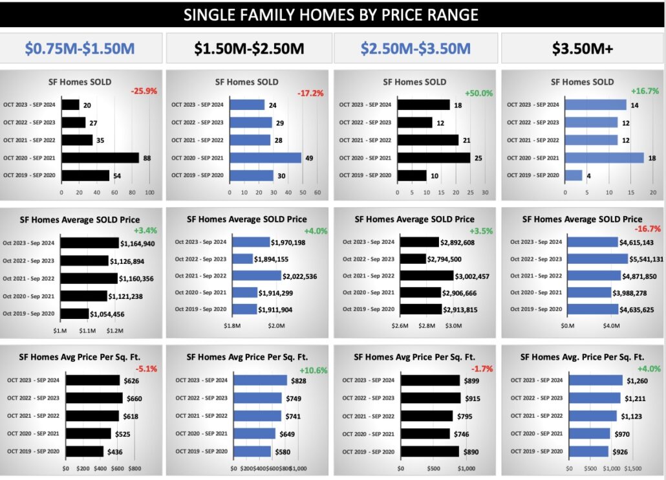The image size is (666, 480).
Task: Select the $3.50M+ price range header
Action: (x=583, y=49)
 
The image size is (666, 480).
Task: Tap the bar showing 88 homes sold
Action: (x=100, y=158)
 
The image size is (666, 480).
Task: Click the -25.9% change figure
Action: (x=144, y=91)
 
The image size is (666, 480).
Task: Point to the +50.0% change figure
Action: (x=478, y=93)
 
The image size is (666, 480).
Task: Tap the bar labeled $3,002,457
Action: (x=427, y=276)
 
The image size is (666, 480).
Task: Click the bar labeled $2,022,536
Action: (x=257, y=276)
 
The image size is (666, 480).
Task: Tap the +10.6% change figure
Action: (x=313, y=371)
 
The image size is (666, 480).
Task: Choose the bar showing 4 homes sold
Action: (x=573, y=175)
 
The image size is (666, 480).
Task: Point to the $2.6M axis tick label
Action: (x=400, y=325)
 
